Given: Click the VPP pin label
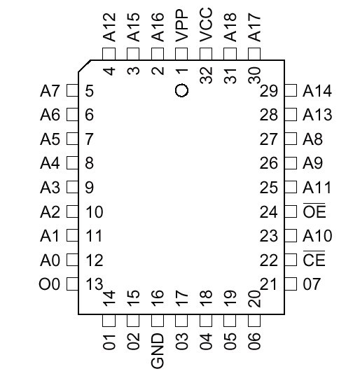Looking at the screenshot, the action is (x=181, y=26).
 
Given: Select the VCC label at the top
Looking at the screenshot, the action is (x=206, y=25).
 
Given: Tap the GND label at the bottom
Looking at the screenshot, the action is (x=158, y=351).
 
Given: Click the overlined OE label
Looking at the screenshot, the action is (x=314, y=211).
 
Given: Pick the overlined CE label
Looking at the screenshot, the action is (x=314, y=259).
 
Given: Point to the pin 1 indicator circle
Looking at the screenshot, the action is (x=181, y=90).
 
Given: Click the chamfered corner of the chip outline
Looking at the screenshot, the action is (x=84, y=66).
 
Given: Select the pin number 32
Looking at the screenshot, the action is (x=206, y=75).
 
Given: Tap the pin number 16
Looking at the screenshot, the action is (x=158, y=298).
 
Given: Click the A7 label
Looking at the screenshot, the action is (x=50, y=91).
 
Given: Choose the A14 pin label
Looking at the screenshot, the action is (x=317, y=91).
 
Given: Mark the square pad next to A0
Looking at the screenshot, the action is (x=72, y=260).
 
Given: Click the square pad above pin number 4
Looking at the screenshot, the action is (x=109, y=54).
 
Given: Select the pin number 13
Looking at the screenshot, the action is (x=95, y=284).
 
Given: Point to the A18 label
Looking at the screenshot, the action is (x=230, y=27).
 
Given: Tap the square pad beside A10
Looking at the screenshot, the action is (x=291, y=235).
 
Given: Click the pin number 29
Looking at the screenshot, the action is (x=269, y=91).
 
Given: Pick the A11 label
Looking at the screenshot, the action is (x=317, y=187).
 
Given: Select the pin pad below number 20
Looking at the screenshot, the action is (x=254, y=321).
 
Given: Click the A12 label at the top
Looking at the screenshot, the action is (x=109, y=27).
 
